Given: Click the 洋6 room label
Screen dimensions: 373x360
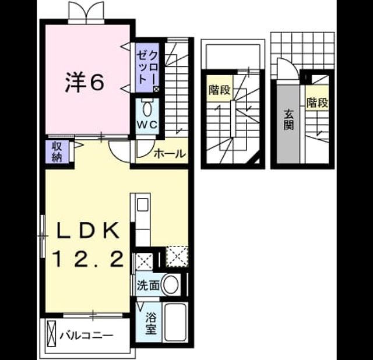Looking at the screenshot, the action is pyautogui.click(x=85, y=82).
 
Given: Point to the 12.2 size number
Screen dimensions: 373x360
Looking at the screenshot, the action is pyautogui.click(x=88, y=259).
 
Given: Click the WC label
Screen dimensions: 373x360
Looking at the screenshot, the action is pyautogui.click(x=147, y=124).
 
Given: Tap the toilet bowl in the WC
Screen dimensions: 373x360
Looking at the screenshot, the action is pyautogui.click(x=147, y=109).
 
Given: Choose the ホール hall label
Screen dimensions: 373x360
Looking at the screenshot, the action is pyautogui.click(x=170, y=154).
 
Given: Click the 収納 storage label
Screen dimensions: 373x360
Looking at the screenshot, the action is pyautogui.click(x=57, y=151).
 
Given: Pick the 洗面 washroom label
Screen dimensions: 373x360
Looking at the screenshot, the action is pyautogui.click(x=148, y=285).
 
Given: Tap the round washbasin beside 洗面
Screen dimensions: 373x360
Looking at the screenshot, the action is pyautogui.click(x=171, y=284).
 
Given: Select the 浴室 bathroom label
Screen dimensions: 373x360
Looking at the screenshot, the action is pyautogui.click(x=151, y=323).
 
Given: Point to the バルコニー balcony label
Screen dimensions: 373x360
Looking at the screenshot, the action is pyautogui.click(x=86, y=336).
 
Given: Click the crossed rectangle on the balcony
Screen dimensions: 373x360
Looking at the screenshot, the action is pyautogui.click(x=51, y=334).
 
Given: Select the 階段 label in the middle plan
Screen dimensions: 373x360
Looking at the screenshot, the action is pyautogui.click(x=220, y=90).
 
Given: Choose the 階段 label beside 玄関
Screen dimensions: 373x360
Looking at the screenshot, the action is pyautogui.click(x=317, y=103).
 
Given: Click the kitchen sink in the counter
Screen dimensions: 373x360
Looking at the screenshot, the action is pyautogui.click(x=142, y=204).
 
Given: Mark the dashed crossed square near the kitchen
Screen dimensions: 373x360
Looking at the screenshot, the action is pyautogui.click(x=177, y=256).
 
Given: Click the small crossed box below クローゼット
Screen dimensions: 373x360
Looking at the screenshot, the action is pyautogui.click(x=156, y=89).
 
